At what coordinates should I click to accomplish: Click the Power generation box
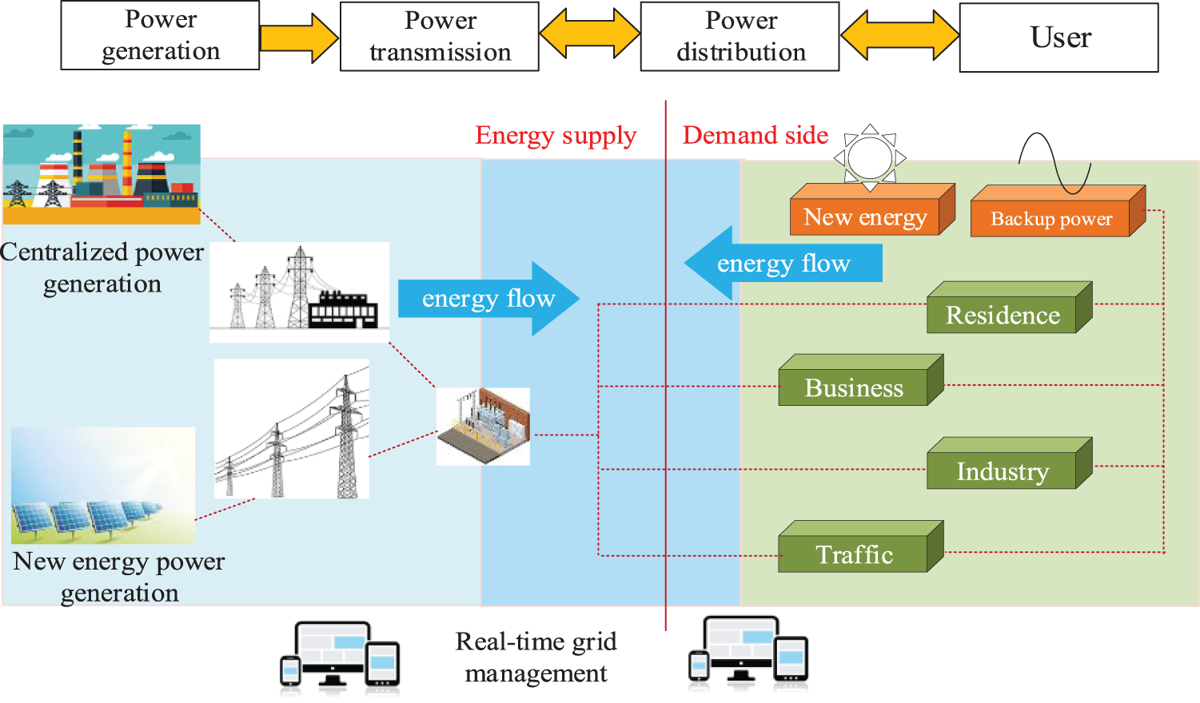pyautogui.click(x=160, y=35)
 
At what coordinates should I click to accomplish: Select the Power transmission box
pyautogui.click(x=440, y=37)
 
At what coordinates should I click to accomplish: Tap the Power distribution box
pyautogui.click(x=740, y=37)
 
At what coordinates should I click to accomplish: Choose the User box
pyautogui.click(x=1059, y=38)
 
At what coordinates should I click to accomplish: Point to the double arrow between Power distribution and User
pyautogui.click(x=899, y=36)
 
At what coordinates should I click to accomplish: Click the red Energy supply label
pyautogui.click(x=556, y=136)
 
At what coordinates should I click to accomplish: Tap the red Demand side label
pyautogui.click(x=755, y=136)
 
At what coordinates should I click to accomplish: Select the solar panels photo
pyautogui.click(x=103, y=486)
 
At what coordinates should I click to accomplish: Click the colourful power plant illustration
pyautogui.click(x=102, y=174)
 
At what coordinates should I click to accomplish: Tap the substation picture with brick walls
pyautogui.click(x=483, y=427)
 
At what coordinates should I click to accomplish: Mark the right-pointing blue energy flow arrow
pyautogui.click(x=488, y=299)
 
